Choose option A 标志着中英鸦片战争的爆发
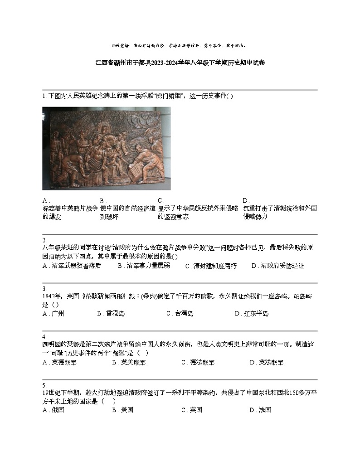[x=70, y=212]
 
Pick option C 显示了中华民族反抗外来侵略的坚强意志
[x=198, y=212]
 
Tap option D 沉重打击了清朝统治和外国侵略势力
[x=280, y=212]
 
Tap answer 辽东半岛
[x=256, y=314]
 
